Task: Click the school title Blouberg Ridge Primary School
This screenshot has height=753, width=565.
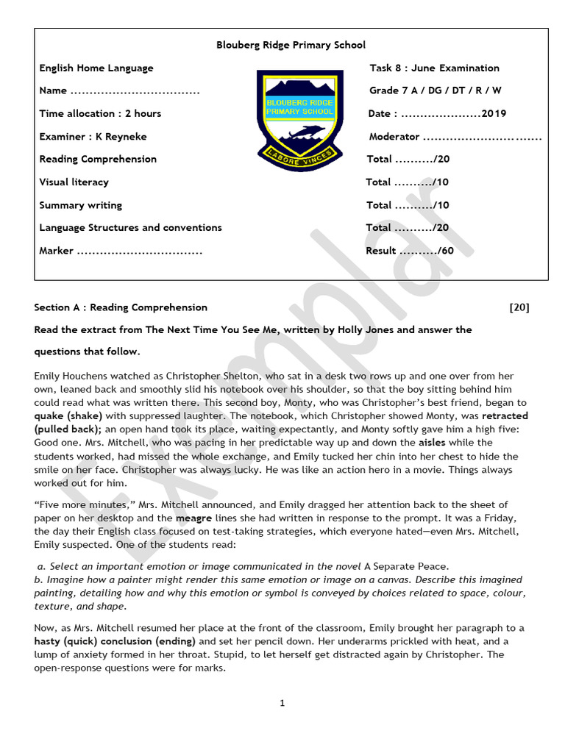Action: coord(291,46)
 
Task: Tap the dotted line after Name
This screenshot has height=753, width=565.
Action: coord(135,91)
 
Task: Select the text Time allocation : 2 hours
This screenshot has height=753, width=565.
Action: coord(100,114)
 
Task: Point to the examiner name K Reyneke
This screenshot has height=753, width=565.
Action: coord(128,137)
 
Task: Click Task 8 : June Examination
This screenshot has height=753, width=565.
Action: coord(434,68)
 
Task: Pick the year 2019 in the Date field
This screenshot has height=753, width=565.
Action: coord(494,114)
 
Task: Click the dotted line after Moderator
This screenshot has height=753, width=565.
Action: coord(483,137)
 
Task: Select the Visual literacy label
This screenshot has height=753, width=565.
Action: coord(74,182)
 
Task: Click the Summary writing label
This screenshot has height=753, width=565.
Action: coord(81,205)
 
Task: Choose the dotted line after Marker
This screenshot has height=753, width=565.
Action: coord(139,251)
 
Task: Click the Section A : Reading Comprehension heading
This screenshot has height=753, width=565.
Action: coord(121,307)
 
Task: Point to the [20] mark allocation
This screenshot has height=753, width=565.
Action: coord(519,307)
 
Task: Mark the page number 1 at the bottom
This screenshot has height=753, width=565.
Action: coord(282,704)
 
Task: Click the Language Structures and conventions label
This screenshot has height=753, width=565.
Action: coord(130,228)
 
